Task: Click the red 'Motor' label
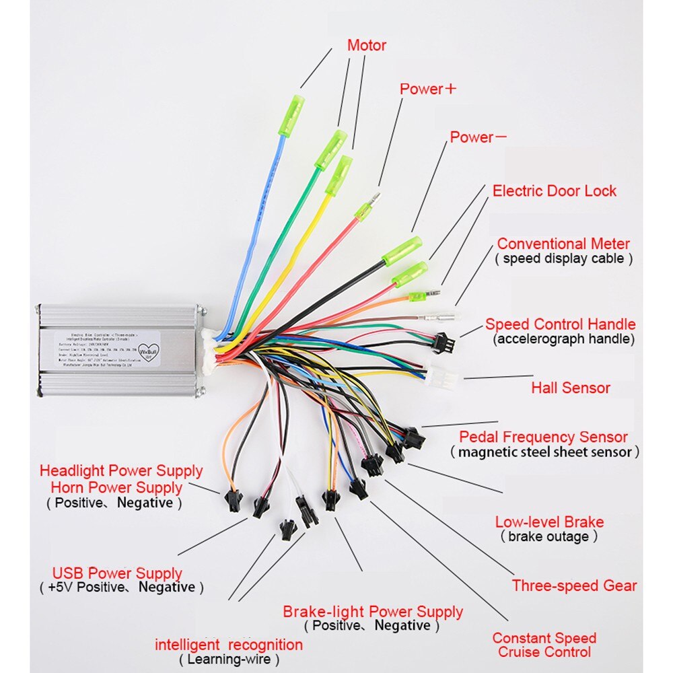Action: pyautogui.click(x=366, y=46)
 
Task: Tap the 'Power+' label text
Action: pyautogui.click(x=428, y=89)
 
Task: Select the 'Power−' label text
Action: pyautogui.click(x=479, y=137)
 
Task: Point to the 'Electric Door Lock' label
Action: pyautogui.click(x=554, y=190)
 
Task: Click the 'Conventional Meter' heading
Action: pyautogui.click(x=563, y=244)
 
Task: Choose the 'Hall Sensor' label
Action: pyautogui.click(x=570, y=388)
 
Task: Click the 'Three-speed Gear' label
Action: pyautogui.click(x=573, y=586)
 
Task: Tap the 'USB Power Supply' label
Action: pyautogui.click(x=117, y=573)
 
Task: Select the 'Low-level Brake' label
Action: pyautogui.click(x=549, y=522)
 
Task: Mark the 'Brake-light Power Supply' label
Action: pyautogui.click(x=372, y=612)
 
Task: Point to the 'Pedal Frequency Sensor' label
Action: pyautogui.click(x=543, y=437)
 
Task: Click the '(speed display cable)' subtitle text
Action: pyautogui.click(x=564, y=258)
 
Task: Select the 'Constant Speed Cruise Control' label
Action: pyautogui.click(x=544, y=645)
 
